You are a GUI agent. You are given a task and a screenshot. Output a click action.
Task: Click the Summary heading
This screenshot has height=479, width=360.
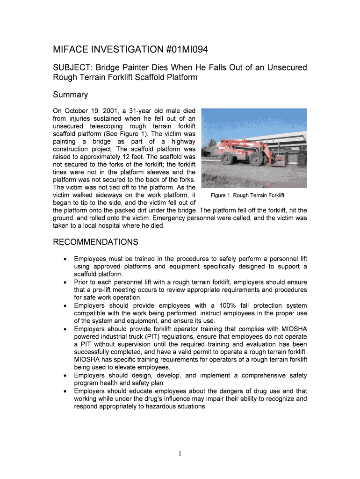pos(70,95)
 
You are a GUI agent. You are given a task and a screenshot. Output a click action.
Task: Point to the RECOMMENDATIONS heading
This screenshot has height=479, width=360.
pos(95,242)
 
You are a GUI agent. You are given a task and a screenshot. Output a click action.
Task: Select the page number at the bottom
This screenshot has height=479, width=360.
pos(180,453)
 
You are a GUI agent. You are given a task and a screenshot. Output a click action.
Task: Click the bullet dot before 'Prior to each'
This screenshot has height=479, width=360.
pos(65,283)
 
